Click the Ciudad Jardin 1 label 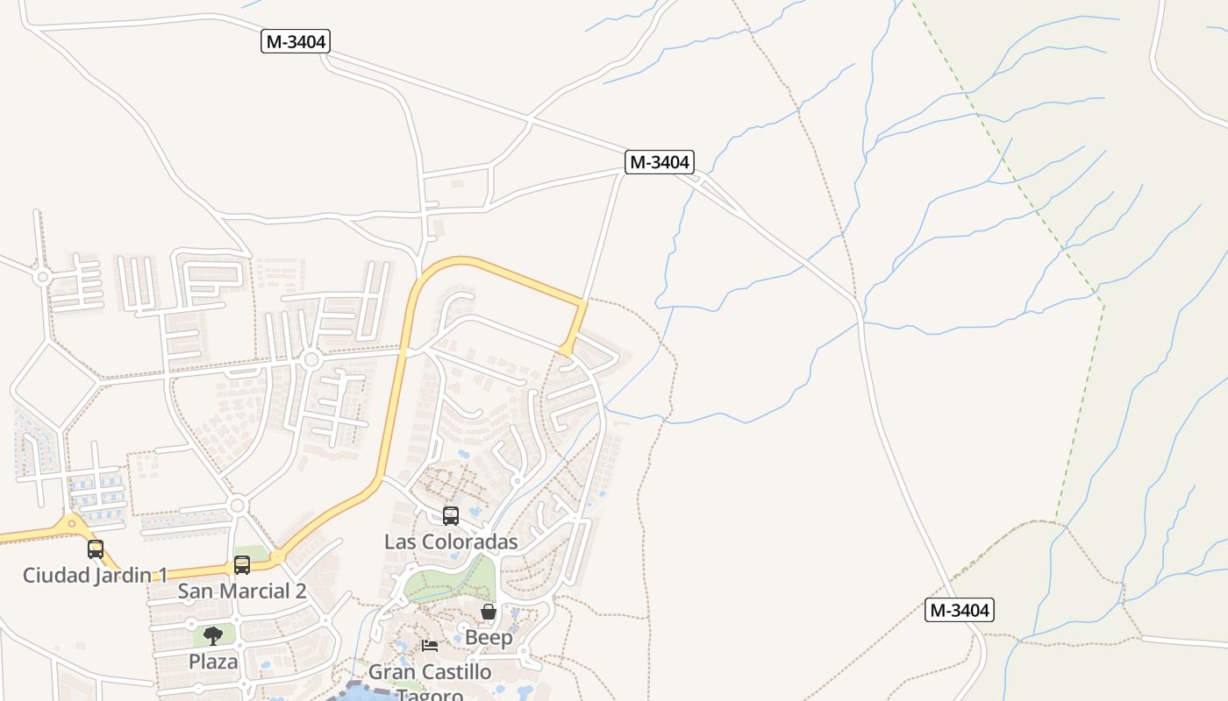tap(95, 576)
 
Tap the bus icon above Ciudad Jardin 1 tap(96, 549)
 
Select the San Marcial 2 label tap(242, 591)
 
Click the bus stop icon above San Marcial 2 tap(242, 565)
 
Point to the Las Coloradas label tap(451, 542)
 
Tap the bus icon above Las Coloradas tap(451, 516)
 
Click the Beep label tap(489, 638)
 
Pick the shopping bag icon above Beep tap(489, 612)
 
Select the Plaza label tap(213, 662)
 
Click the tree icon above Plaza tap(213, 635)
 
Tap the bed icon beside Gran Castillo tap(430, 646)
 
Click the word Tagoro tap(430, 695)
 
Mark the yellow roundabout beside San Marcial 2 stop tap(278, 556)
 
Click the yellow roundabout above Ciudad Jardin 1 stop tap(73, 524)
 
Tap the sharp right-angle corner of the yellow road tap(583, 303)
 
